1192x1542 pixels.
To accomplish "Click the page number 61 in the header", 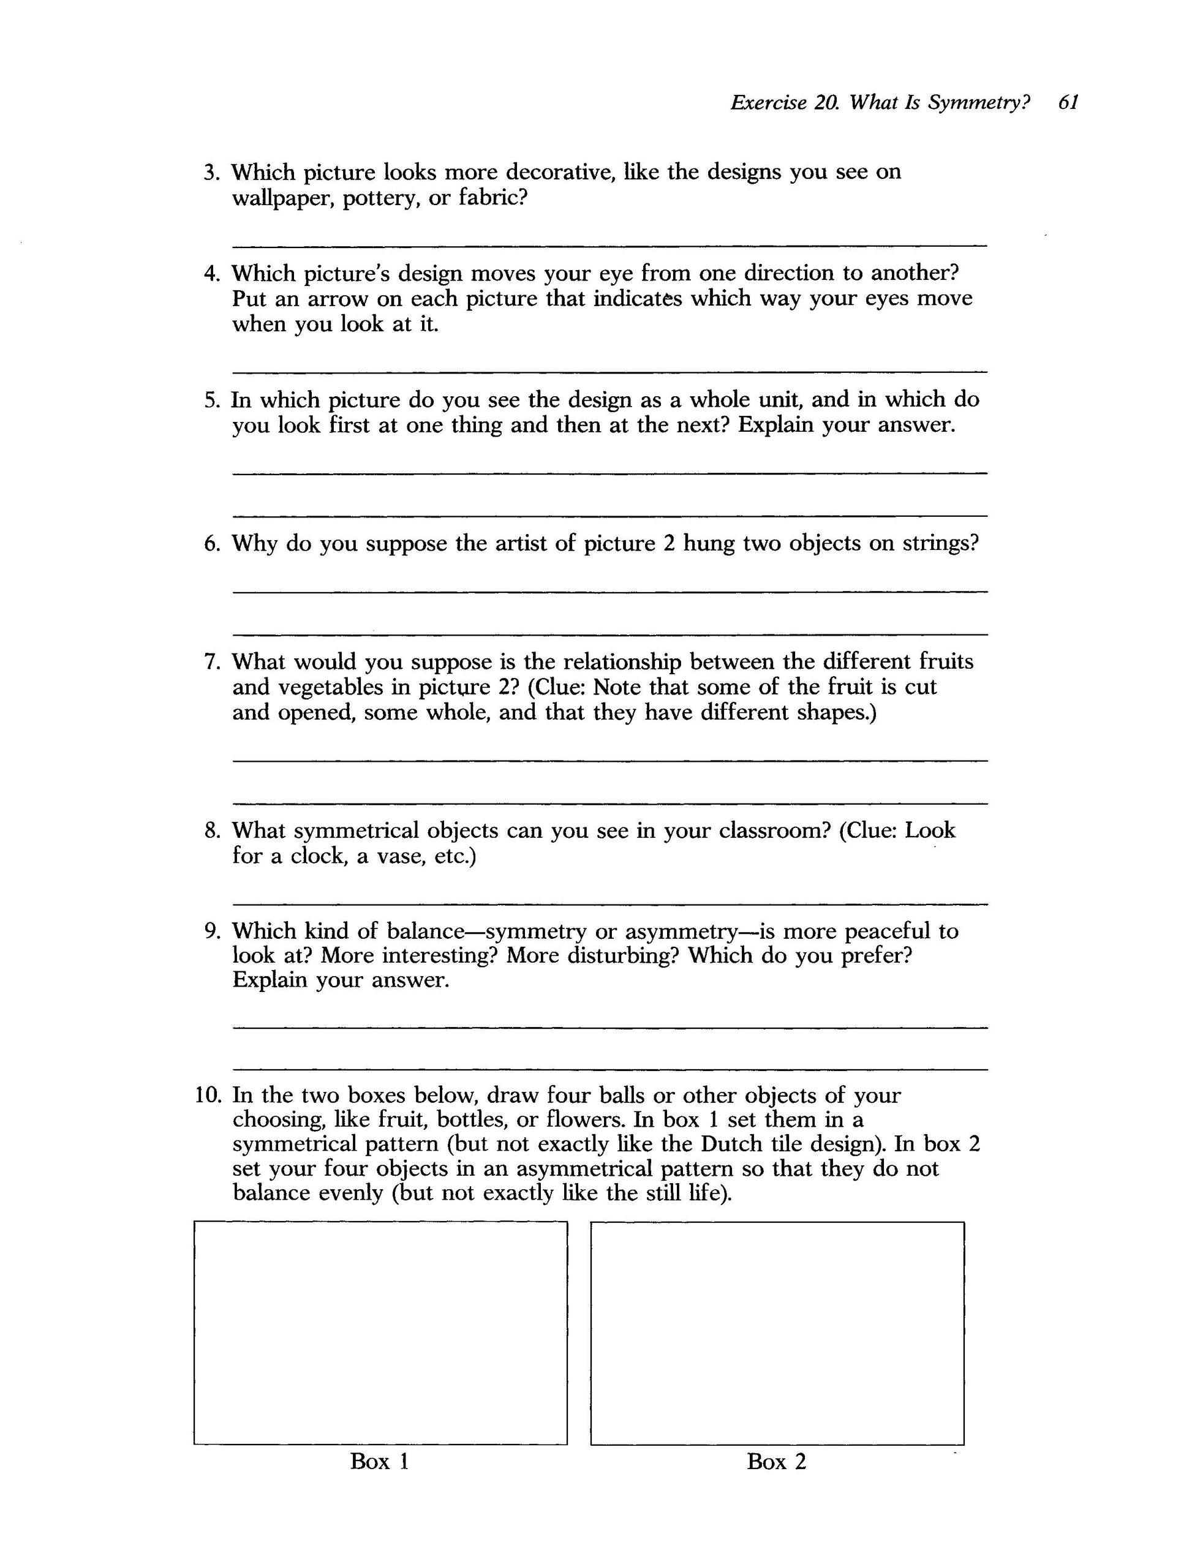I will [1068, 103].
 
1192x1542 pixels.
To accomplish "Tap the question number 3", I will [212, 172].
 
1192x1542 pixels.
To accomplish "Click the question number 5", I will [212, 401].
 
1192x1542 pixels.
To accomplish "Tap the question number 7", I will [212, 661].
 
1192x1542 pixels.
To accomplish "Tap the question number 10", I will [208, 1096].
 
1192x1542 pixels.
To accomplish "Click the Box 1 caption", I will [379, 1462].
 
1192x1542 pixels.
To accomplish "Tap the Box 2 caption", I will [776, 1462].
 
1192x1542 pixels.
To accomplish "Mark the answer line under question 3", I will [609, 246].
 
